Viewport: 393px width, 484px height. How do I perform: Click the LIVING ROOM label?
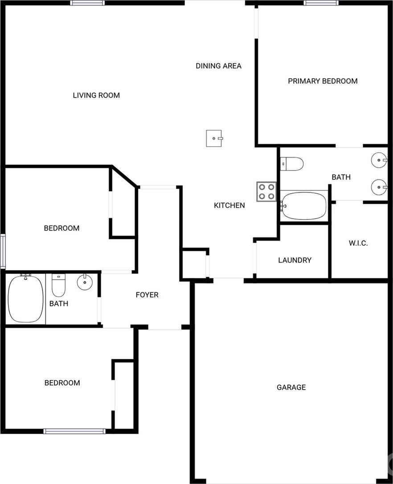(96, 95)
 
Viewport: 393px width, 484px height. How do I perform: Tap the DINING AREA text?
(218, 66)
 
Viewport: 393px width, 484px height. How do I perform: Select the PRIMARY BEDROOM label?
(323, 81)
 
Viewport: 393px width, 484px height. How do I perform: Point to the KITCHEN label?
(229, 205)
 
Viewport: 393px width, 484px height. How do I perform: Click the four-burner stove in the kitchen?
(266, 192)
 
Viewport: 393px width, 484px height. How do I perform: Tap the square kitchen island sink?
(214, 138)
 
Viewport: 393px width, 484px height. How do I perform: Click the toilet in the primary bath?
(292, 164)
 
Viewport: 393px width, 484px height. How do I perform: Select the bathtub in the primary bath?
(303, 206)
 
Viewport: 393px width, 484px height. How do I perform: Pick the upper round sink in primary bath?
(379, 160)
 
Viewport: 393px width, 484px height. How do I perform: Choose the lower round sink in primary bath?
(379, 187)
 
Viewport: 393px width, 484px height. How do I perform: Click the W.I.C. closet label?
(358, 243)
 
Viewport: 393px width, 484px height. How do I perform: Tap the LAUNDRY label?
(295, 260)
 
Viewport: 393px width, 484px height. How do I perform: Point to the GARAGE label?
(291, 387)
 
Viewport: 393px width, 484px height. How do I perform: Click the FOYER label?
(147, 295)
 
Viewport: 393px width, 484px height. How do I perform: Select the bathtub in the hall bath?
(26, 299)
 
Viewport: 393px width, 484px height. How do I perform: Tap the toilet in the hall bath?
(58, 285)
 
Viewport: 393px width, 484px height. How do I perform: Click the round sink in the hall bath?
(85, 282)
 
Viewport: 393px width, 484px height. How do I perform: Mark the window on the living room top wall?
(87, 3)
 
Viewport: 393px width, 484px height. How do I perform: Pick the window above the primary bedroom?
(321, 3)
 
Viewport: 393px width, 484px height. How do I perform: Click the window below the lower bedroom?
(74, 431)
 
